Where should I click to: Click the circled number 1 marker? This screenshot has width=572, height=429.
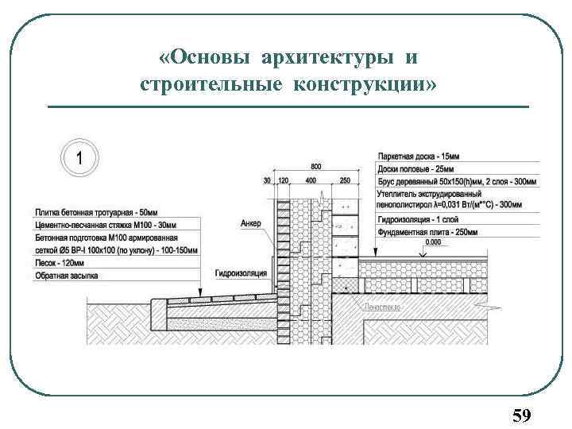click(x=78, y=156)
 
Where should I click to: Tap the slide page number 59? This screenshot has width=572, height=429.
click(x=521, y=415)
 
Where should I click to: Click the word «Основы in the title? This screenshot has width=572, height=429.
click(x=205, y=58)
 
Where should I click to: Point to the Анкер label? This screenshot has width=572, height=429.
click(x=250, y=224)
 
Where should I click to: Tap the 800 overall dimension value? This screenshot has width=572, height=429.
click(x=316, y=167)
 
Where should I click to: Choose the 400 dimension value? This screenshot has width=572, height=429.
click(x=311, y=181)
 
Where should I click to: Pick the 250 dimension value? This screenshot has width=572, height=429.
click(x=344, y=181)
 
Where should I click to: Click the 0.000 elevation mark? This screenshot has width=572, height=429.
click(x=433, y=242)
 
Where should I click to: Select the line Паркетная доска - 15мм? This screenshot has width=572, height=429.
click(x=419, y=157)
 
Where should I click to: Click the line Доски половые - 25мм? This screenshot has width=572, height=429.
click(x=416, y=169)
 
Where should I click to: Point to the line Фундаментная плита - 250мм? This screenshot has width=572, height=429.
click(x=427, y=232)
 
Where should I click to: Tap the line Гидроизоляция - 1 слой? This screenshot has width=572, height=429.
click(x=419, y=219)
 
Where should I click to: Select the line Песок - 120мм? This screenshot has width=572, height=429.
click(x=60, y=263)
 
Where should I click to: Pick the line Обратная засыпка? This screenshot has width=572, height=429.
click(x=66, y=276)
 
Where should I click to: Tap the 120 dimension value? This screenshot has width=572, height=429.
click(x=281, y=181)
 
